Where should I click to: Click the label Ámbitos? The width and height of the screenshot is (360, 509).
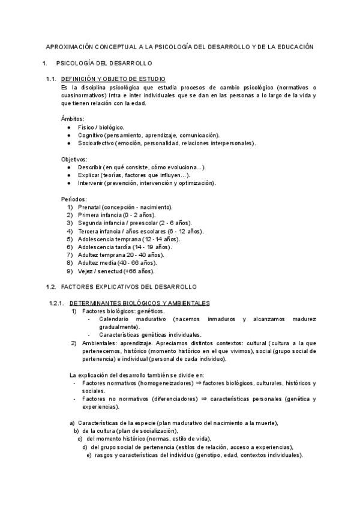(x=73, y=119)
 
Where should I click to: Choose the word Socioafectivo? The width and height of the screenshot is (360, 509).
(x=96, y=143)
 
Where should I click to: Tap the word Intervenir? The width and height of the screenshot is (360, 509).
(x=91, y=182)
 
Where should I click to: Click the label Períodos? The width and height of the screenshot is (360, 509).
(x=74, y=199)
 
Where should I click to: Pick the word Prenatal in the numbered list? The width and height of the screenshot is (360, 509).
(x=90, y=206)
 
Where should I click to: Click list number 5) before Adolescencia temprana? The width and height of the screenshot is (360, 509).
(x=70, y=239)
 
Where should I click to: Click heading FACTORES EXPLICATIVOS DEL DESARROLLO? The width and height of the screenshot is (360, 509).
(x=128, y=287)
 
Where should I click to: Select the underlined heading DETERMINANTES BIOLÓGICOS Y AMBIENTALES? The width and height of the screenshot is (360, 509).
(x=140, y=303)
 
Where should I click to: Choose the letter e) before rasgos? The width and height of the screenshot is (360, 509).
(x=89, y=454)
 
